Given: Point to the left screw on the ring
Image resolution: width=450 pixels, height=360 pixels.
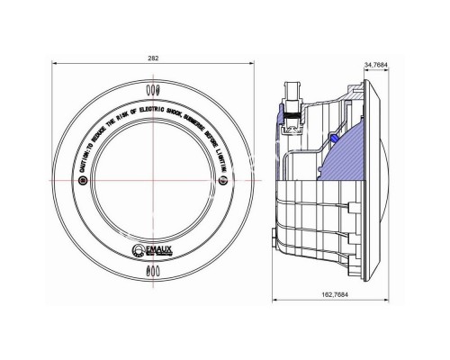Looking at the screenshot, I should click(x=84, y=181).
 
